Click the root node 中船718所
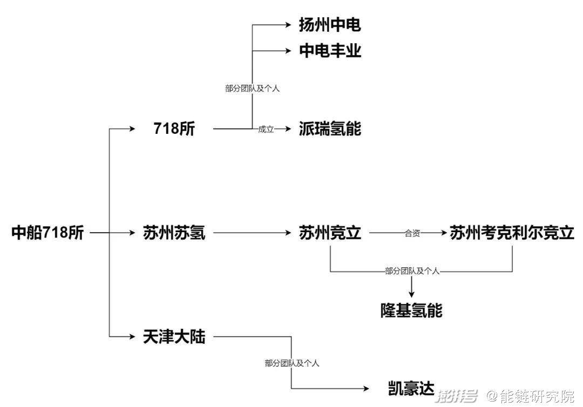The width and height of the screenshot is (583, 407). [48, 233]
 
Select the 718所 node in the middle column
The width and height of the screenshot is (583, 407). [174, 128]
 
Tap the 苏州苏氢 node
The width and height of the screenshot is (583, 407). [174, 233]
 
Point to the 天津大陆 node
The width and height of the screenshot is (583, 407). [174, 337]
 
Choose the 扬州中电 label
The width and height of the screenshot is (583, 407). [330, 25]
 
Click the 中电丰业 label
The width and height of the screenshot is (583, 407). [330, 51]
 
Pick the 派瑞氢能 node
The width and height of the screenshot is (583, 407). [330, 128]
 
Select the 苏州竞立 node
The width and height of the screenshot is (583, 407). [330, 233]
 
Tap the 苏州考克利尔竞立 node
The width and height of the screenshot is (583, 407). [512, 233]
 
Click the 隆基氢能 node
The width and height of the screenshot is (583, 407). [411, 310]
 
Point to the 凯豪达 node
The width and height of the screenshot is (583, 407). [411, 389]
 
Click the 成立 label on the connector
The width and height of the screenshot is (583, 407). [266, 130]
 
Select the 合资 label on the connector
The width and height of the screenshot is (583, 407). [412, 233]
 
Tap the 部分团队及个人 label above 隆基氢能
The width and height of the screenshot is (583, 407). [412, 271]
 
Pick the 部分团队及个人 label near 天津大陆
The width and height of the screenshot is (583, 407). [292, 363]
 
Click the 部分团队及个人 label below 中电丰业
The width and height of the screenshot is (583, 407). [252, 89]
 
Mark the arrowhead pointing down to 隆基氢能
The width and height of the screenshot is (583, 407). [411, 294]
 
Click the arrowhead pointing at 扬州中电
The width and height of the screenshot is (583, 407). [288, 25]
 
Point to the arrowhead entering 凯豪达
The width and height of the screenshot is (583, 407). [366, 389]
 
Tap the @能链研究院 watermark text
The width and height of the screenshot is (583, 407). [531, 396]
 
